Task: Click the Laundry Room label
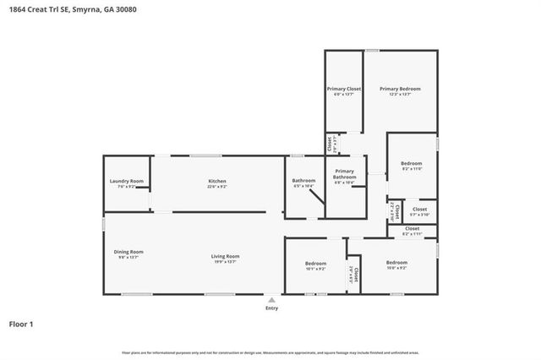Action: (x=127, y=181)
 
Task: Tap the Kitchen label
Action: (x=218, y=181)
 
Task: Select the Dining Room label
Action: (x=128, y=251)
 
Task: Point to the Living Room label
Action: (x=226, y=256)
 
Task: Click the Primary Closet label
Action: (x=344, y=89)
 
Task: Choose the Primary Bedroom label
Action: (x=400, y=89)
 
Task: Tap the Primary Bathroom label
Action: (x=344, y=174)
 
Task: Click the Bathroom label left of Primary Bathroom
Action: (x=303, y=180)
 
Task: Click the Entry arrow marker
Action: (x=271, y=299)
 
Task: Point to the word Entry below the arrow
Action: (x=271, y=309)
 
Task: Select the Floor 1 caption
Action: (x=21, y=324)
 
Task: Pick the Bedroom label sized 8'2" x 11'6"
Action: (x=412, y=163)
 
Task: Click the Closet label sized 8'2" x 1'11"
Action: (x=413, y=228)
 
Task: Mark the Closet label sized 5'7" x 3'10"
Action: (x=420, y=209)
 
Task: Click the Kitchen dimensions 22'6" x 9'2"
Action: (x=218, y=187)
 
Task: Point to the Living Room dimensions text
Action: (x=226, y=262)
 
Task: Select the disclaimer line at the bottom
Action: (x=270, y=352)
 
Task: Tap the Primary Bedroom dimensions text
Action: (x=400, y=95)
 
